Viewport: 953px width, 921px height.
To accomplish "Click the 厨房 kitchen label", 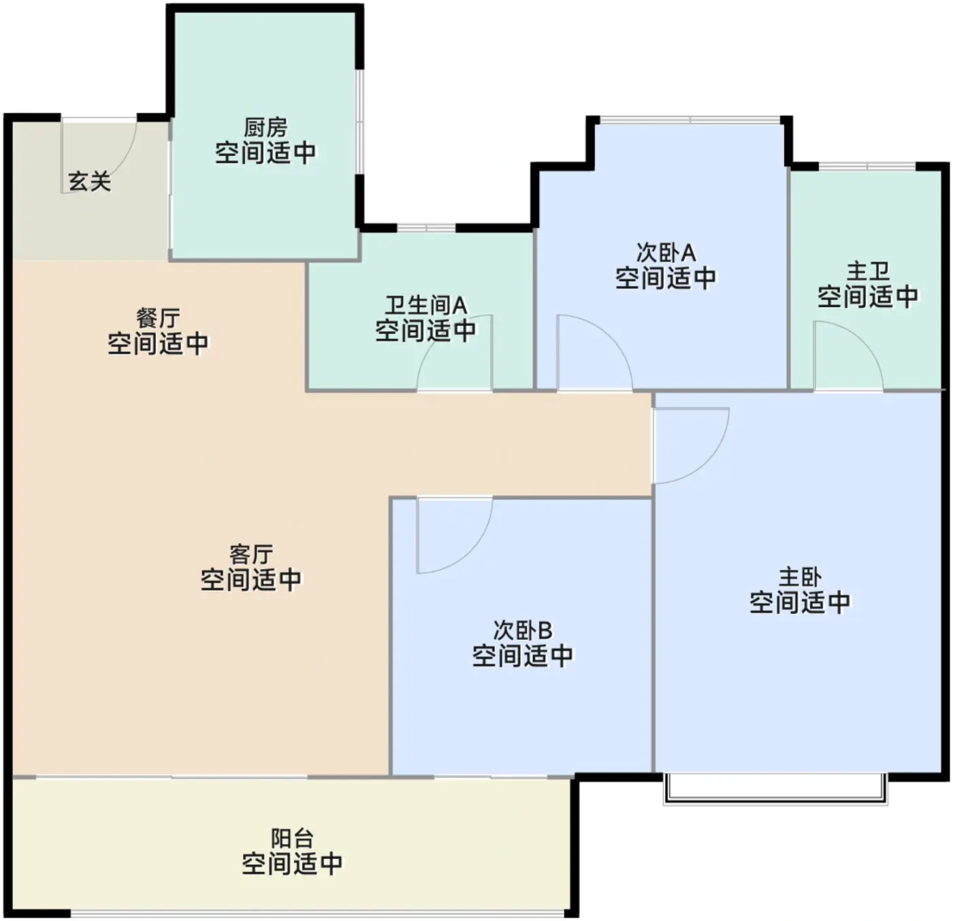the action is [265, 128].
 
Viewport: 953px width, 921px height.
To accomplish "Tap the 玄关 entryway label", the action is [90, 182].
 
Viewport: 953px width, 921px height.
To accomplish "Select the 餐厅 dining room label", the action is [158, 319].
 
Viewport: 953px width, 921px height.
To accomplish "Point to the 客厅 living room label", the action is [251, 555].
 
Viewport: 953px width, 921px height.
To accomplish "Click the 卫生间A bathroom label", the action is [425, 306].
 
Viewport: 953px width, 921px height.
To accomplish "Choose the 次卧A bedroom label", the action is [666, 253].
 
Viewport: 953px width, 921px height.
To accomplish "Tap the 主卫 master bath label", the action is [868, 271].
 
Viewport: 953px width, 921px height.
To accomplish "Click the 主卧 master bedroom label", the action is [801, 577].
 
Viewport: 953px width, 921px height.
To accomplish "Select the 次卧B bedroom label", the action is [522, 630].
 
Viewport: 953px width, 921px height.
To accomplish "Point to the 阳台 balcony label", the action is [292, 839].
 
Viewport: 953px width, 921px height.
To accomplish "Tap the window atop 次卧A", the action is [690, 120].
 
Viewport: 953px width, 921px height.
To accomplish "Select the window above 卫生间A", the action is [426, 228].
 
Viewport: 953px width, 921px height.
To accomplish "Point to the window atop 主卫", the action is [867, 167].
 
